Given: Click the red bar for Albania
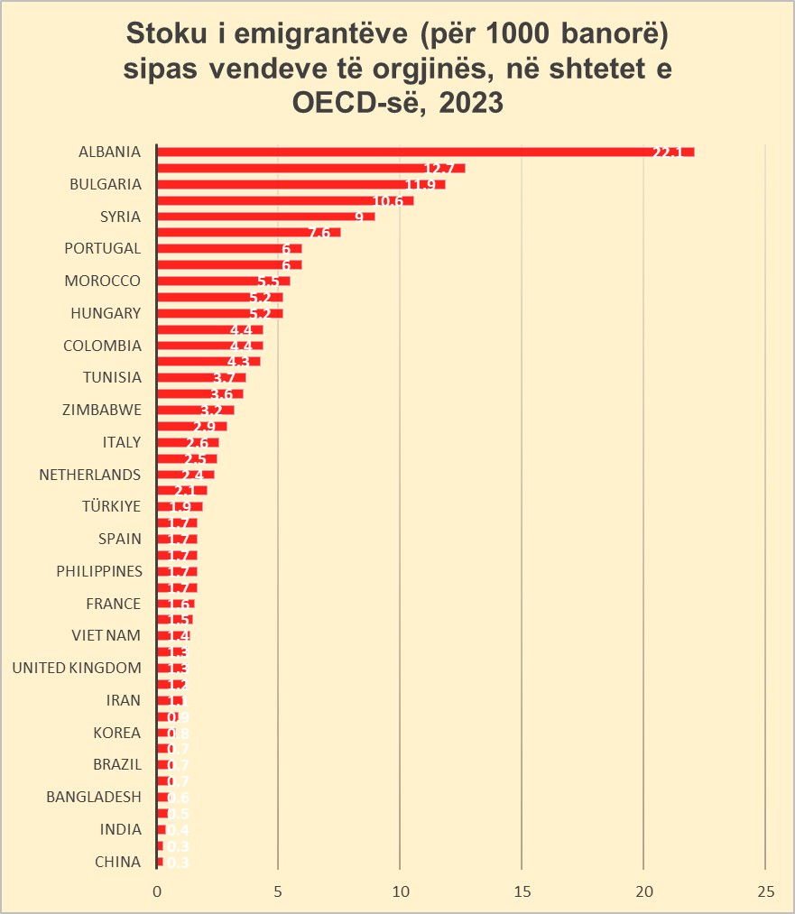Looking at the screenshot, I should coord(424,152).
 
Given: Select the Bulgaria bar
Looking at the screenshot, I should coord(300,184).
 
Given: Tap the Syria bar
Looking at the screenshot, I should coord(265,217).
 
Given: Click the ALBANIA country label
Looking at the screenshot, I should coord(110,152).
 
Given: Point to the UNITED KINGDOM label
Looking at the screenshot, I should coord(77,669).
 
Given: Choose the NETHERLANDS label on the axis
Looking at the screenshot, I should coord(90,475).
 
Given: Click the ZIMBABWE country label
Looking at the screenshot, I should coord(102,410).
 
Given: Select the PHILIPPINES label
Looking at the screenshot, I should coord(99,571).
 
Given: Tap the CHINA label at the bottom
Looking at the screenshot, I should coord(118,863).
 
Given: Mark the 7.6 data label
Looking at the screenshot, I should coord(319,234).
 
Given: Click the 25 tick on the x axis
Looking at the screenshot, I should coord(765,891).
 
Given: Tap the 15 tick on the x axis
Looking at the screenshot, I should coord(522,891).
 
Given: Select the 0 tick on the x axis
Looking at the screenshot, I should coord(157,891).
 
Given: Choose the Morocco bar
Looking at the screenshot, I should coord(223,281).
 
